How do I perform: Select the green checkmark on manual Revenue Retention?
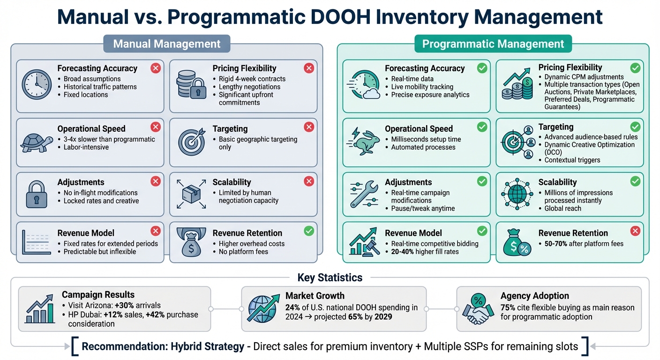pyautogui.click(x=308, y=231)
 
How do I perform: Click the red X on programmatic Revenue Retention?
pyautogui.click(x=635, y=231)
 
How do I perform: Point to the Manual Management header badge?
pyautogui.click(x=167, y=44)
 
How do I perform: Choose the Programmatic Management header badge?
pyautogui.click(x=493, y=44)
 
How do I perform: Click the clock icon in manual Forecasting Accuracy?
pyautogui.click(x=36, y=85)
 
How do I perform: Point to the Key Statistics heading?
pyautogui.click(x=330, y=277)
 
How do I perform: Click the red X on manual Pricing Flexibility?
pyautogui.click(x=308, y=68)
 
